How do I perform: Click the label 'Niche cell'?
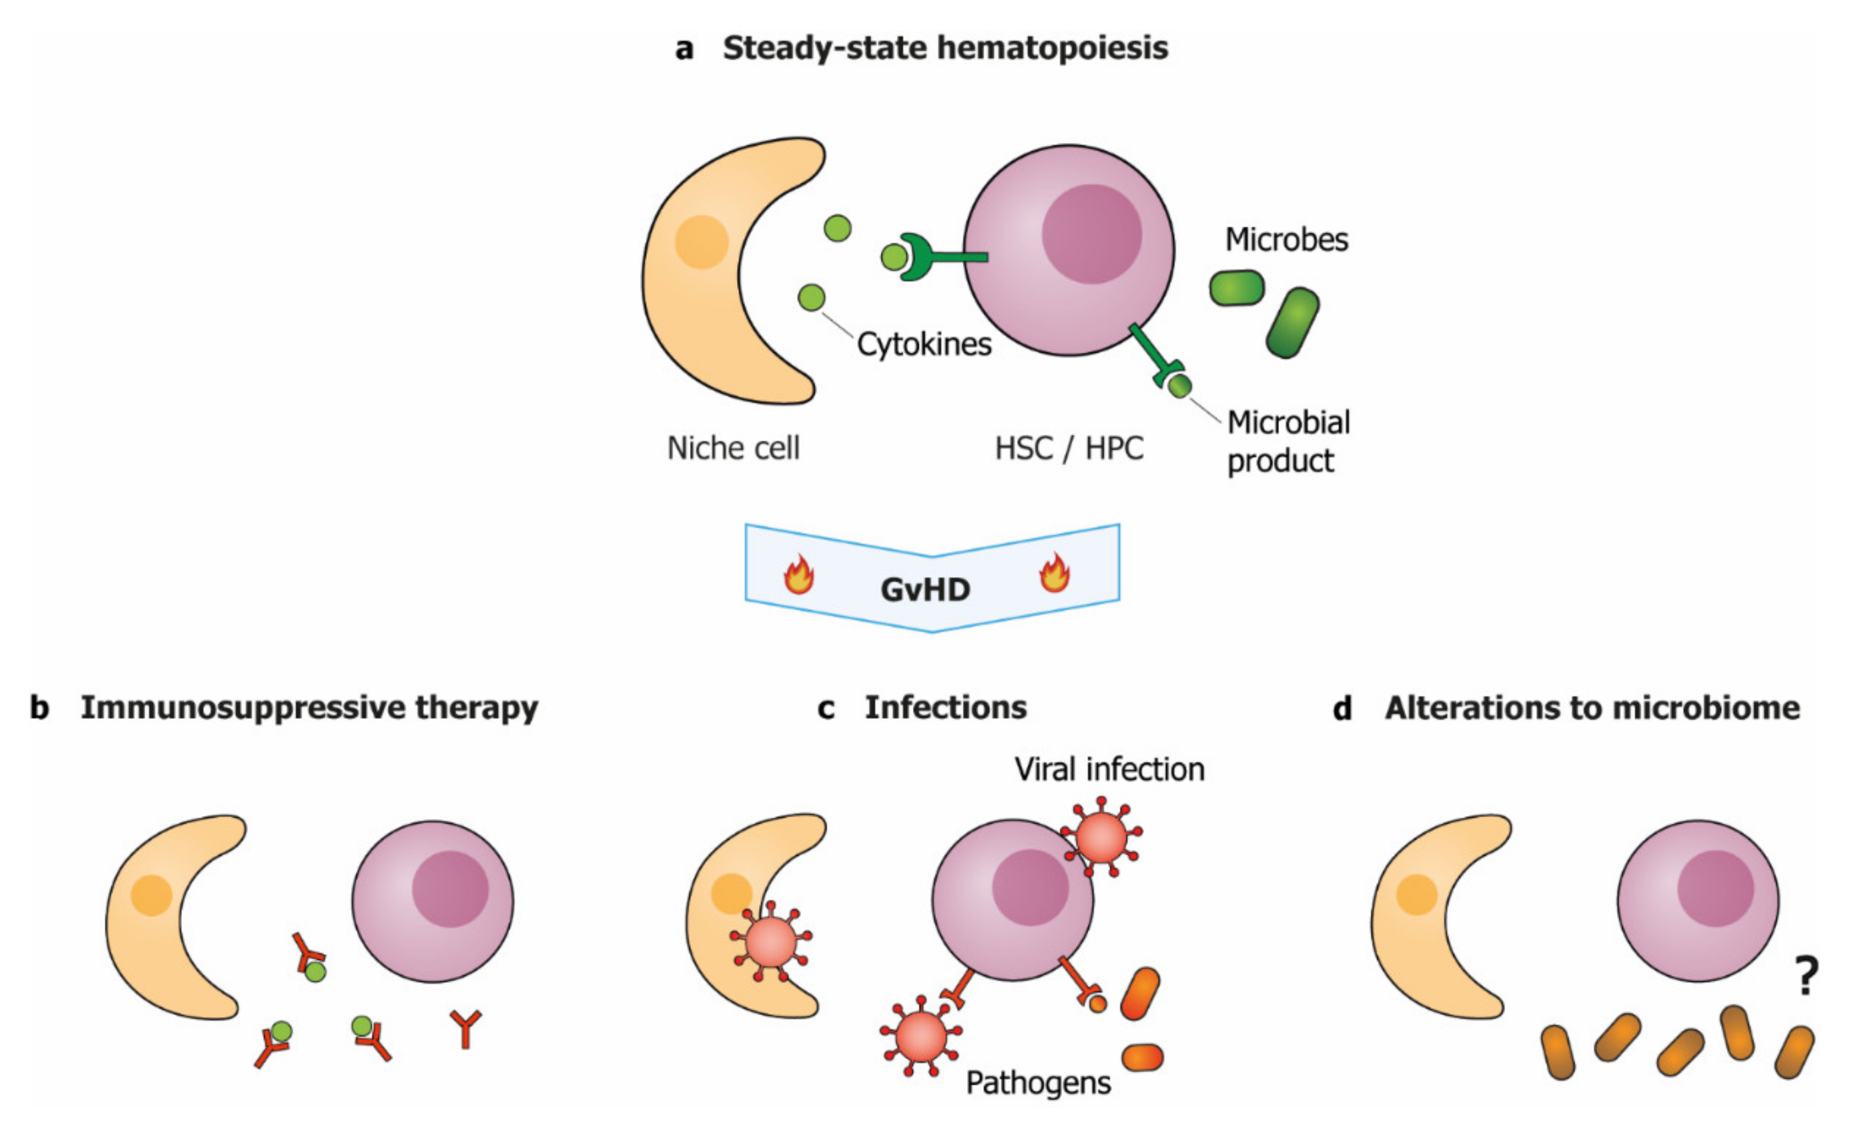click(733, 449)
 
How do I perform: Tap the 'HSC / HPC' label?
click(1068, 449)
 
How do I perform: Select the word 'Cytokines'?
click(924, 345)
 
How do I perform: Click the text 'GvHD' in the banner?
click(925, 589)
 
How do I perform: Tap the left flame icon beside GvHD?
click(798, 575)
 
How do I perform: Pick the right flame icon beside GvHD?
click(1054, 573)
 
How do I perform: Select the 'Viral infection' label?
click(1109, 770)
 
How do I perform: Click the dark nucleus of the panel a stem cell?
click(1091, 234)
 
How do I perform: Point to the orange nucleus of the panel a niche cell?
click(701, 242)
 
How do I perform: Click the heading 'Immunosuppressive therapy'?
click(309, 708)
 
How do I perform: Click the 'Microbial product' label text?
click(1287, 441)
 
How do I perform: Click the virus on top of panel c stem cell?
click(1101, 838)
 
